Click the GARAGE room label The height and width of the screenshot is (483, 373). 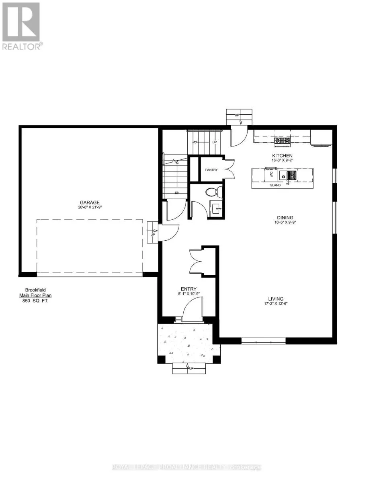pyautogui.click(x=89, y=202)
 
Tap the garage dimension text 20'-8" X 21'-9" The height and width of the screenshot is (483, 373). pyautogui.click(x=89, y=208)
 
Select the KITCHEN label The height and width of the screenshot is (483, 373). pyautogui.click(x=282, y=155)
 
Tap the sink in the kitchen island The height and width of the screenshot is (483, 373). pyautogui.click(x=289, y=175)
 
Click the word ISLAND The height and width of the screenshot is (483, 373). pyautogui.click(x=275, y=186)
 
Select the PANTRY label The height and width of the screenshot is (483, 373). pyautogui.click(x=211, y=170)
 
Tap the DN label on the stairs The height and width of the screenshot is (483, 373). pyautogui.click(x=177, y=193)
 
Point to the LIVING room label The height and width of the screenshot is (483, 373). pyautogui.click(x=277, y=299)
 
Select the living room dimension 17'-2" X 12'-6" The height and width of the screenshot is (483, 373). pyautogui.click(x=277, y=304)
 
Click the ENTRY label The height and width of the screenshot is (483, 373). pyautogui.click(x=189, y=289)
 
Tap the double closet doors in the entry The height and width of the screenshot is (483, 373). pyautogui.click(x=197, y=262)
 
